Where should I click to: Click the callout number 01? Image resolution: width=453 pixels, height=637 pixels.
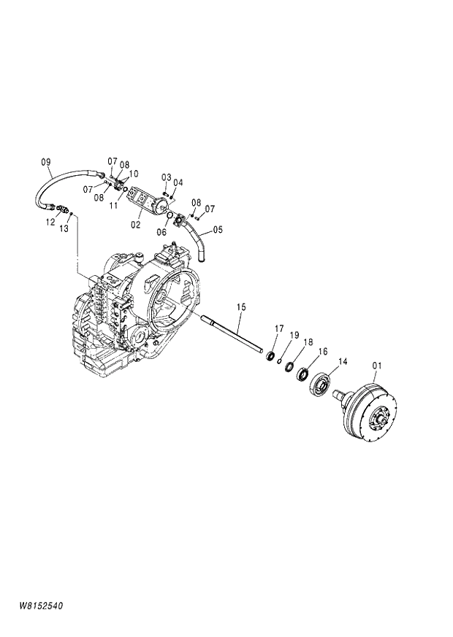click(377, 365)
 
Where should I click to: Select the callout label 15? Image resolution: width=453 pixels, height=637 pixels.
click(242, 308)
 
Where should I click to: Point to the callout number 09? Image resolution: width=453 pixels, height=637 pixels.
click(45, 161)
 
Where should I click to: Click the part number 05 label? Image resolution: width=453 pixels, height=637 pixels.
click(218, 230)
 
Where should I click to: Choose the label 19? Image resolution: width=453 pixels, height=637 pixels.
click(294, 335)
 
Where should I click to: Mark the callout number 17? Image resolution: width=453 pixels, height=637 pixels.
click(279, 328)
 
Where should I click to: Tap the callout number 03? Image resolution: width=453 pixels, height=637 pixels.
click(166, 177)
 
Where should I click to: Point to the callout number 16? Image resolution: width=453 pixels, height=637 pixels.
click(322, 351)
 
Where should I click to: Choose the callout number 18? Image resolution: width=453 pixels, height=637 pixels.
click(308, 341)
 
